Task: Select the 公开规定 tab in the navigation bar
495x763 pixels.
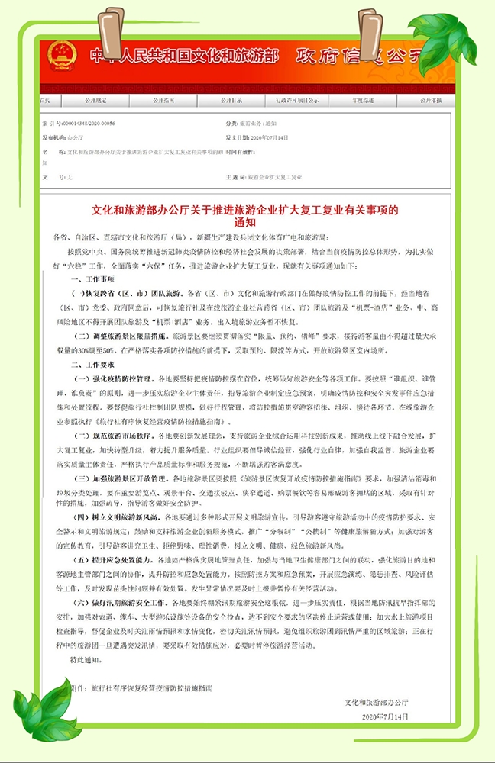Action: click(x=95, y=100)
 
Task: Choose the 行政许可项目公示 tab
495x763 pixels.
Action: click(x=299, y=100)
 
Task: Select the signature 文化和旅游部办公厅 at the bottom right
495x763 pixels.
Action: click(x=377, y=702)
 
